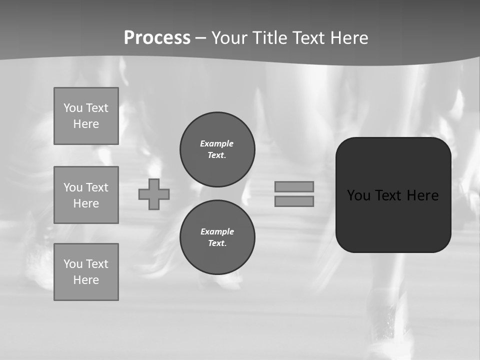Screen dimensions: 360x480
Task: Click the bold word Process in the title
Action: pyautogui.click(x=157, y=38)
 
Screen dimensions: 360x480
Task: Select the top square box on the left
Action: pyautogui.click(x=86, y=116)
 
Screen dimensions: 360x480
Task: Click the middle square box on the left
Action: pyautogui.click(x=86, y=195)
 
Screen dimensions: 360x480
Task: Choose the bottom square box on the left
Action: pyautogui.click(x=86, y=272)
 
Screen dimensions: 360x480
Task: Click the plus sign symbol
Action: pyautogui.click(x=154, y=194)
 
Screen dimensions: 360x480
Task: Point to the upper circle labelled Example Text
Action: pyautogui.click(x=217, y=149)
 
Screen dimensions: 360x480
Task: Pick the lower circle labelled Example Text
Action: pyautogui.click(x=217, y=237)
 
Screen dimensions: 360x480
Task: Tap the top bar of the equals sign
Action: pyautogui.click(x=294, y=186)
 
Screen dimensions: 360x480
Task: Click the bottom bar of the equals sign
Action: pyautogui.click(x=294, y=201)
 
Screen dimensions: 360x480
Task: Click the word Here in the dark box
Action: pyautogui.click(x=422, y=195)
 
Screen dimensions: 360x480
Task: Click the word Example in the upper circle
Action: pyautogui.click(x=216, y=143)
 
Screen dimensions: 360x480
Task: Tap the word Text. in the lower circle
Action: pyautogui.click(x=217, y=243)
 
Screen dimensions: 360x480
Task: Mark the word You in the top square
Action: pyautogui.click(x=73, y=108)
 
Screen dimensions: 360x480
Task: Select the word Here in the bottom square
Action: pyautogui.click(x=86, y=280)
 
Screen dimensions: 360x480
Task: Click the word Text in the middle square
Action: pyautogui.click(x=97, y=187)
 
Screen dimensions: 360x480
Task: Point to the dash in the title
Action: pyautogui.click(x=201, y=38)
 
